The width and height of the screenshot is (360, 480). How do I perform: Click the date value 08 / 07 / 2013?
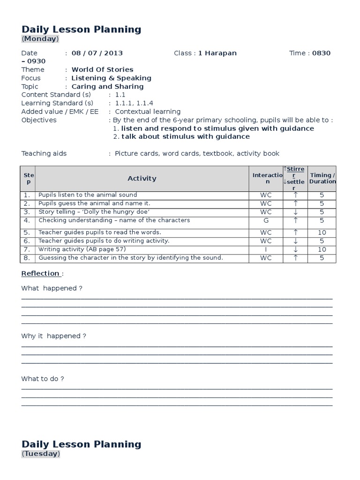tap(97, 53)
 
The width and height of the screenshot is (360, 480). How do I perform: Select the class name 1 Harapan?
tap(217, 53)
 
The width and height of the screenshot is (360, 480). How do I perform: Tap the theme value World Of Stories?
tap(102, 69)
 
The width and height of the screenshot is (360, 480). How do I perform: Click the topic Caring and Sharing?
tap(107, 86)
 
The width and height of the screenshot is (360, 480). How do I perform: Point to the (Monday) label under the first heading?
tap(40, 39)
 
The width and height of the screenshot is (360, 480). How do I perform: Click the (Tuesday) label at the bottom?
tap(41, 454)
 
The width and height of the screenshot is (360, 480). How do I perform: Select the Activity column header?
tap(142, 178)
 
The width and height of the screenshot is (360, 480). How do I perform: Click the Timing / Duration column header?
tap(322, 178)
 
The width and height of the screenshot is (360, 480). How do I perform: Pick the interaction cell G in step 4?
tap(266, 220)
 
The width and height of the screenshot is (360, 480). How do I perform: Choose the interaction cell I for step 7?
tap(266, 249)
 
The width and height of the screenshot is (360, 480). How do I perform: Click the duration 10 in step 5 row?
tap(322, 232)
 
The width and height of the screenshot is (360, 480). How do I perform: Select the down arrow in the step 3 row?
tap(295, 212)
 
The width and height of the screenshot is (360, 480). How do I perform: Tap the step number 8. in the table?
tap(27, 258)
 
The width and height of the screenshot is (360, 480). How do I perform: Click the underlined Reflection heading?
tap(40, 273)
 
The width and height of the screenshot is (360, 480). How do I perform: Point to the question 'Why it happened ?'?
tap(53, 336)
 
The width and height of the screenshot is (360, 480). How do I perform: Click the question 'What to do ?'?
tap(43, 379)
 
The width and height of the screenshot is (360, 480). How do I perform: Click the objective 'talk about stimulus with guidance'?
tap(185, 136)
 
